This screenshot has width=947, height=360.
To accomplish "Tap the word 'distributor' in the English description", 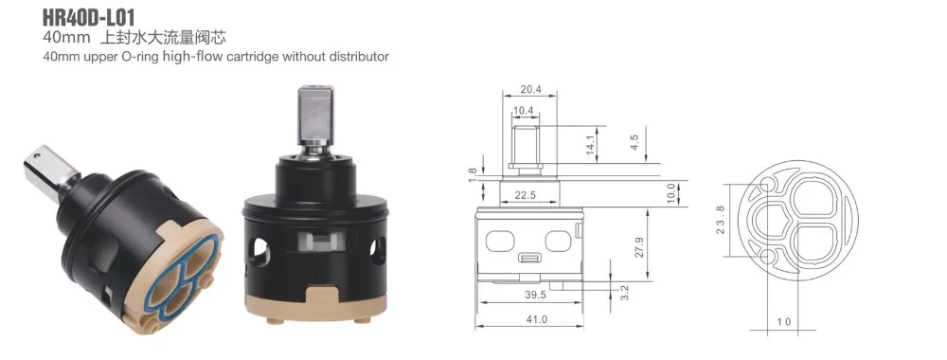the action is (x=358, y=57).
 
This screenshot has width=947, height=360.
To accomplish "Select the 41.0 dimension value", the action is (x=536, y=319).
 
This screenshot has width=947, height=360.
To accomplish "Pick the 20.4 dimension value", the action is (x=530, y=89).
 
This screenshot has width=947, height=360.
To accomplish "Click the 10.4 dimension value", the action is (x=523, y=111).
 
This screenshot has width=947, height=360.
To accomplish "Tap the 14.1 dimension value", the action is (x=591, y=144).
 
